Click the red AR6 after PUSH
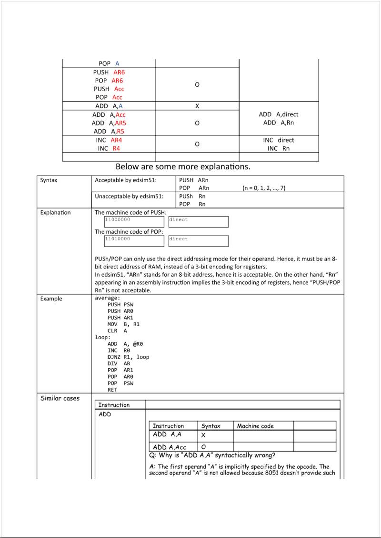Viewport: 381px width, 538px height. (x=119, y=72)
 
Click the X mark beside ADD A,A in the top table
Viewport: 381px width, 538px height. (x=197, y=106)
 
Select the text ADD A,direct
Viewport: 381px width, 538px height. (x=279, y=114)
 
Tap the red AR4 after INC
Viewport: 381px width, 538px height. (x=116, y=140)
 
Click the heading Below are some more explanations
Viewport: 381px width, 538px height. (x=183, y=167)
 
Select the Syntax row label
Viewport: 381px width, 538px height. (x=49, y=180)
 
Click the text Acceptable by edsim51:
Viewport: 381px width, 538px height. (x=126, y=180)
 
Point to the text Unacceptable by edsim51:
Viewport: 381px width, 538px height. (x=129, y=196)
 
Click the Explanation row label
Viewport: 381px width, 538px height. (x=55, y=213)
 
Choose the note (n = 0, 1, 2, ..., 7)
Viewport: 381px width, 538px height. (x=264, y=188)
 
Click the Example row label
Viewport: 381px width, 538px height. (x=51, y=299)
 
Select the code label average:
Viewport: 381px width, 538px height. (x=108, y=298)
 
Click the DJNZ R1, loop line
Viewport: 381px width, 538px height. (x=128, y=357)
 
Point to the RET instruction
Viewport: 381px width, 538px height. (x=112, y=390)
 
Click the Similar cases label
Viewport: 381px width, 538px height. (x=60, y=398)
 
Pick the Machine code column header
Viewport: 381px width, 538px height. (x=255, y=426)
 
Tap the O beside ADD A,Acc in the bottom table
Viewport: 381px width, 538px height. (x=203, y=447)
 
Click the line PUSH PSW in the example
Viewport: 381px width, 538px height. (x=120, y=304)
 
